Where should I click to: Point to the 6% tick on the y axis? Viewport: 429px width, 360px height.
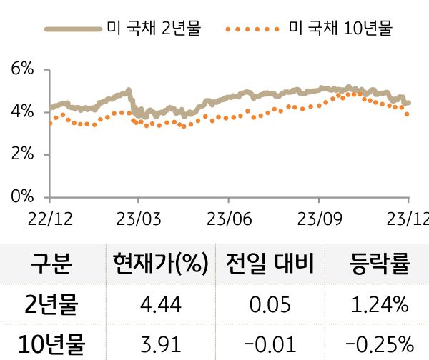(23, 69)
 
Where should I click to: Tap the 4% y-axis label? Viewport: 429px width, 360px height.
(23, 112)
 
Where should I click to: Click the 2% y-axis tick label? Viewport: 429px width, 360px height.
(23, 154)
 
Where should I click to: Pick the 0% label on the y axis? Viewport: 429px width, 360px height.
(23, 196)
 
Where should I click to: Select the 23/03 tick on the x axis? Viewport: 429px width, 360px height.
(138, 218)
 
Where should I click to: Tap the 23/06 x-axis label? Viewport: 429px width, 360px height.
(228, 218)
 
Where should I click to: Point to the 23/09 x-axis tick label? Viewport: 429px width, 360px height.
(318, 218)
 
